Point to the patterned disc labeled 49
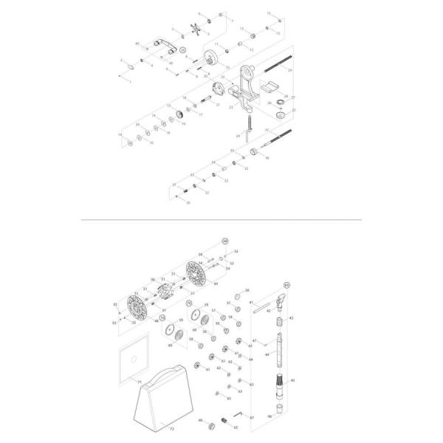pos(197,275)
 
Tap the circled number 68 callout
pos(225,241)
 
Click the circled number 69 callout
pos(287,283)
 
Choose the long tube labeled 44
pos(278,347)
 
